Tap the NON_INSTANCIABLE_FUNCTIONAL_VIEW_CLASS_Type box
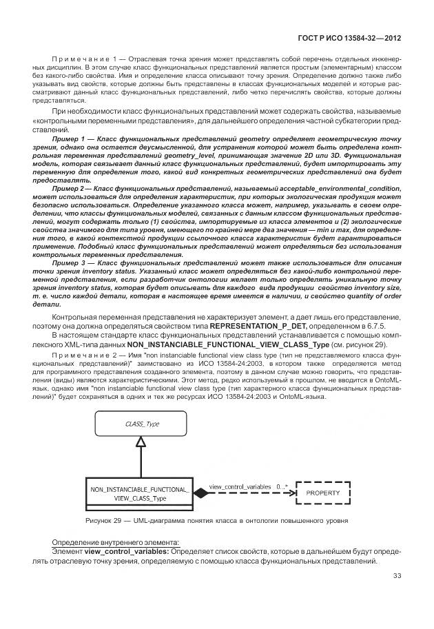tap(140, 493)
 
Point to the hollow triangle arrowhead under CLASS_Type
tap(140, 446)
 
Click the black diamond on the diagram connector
tap(200, 493)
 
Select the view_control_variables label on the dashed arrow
tap(241, 486)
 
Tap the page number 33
tap(397, 576)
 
